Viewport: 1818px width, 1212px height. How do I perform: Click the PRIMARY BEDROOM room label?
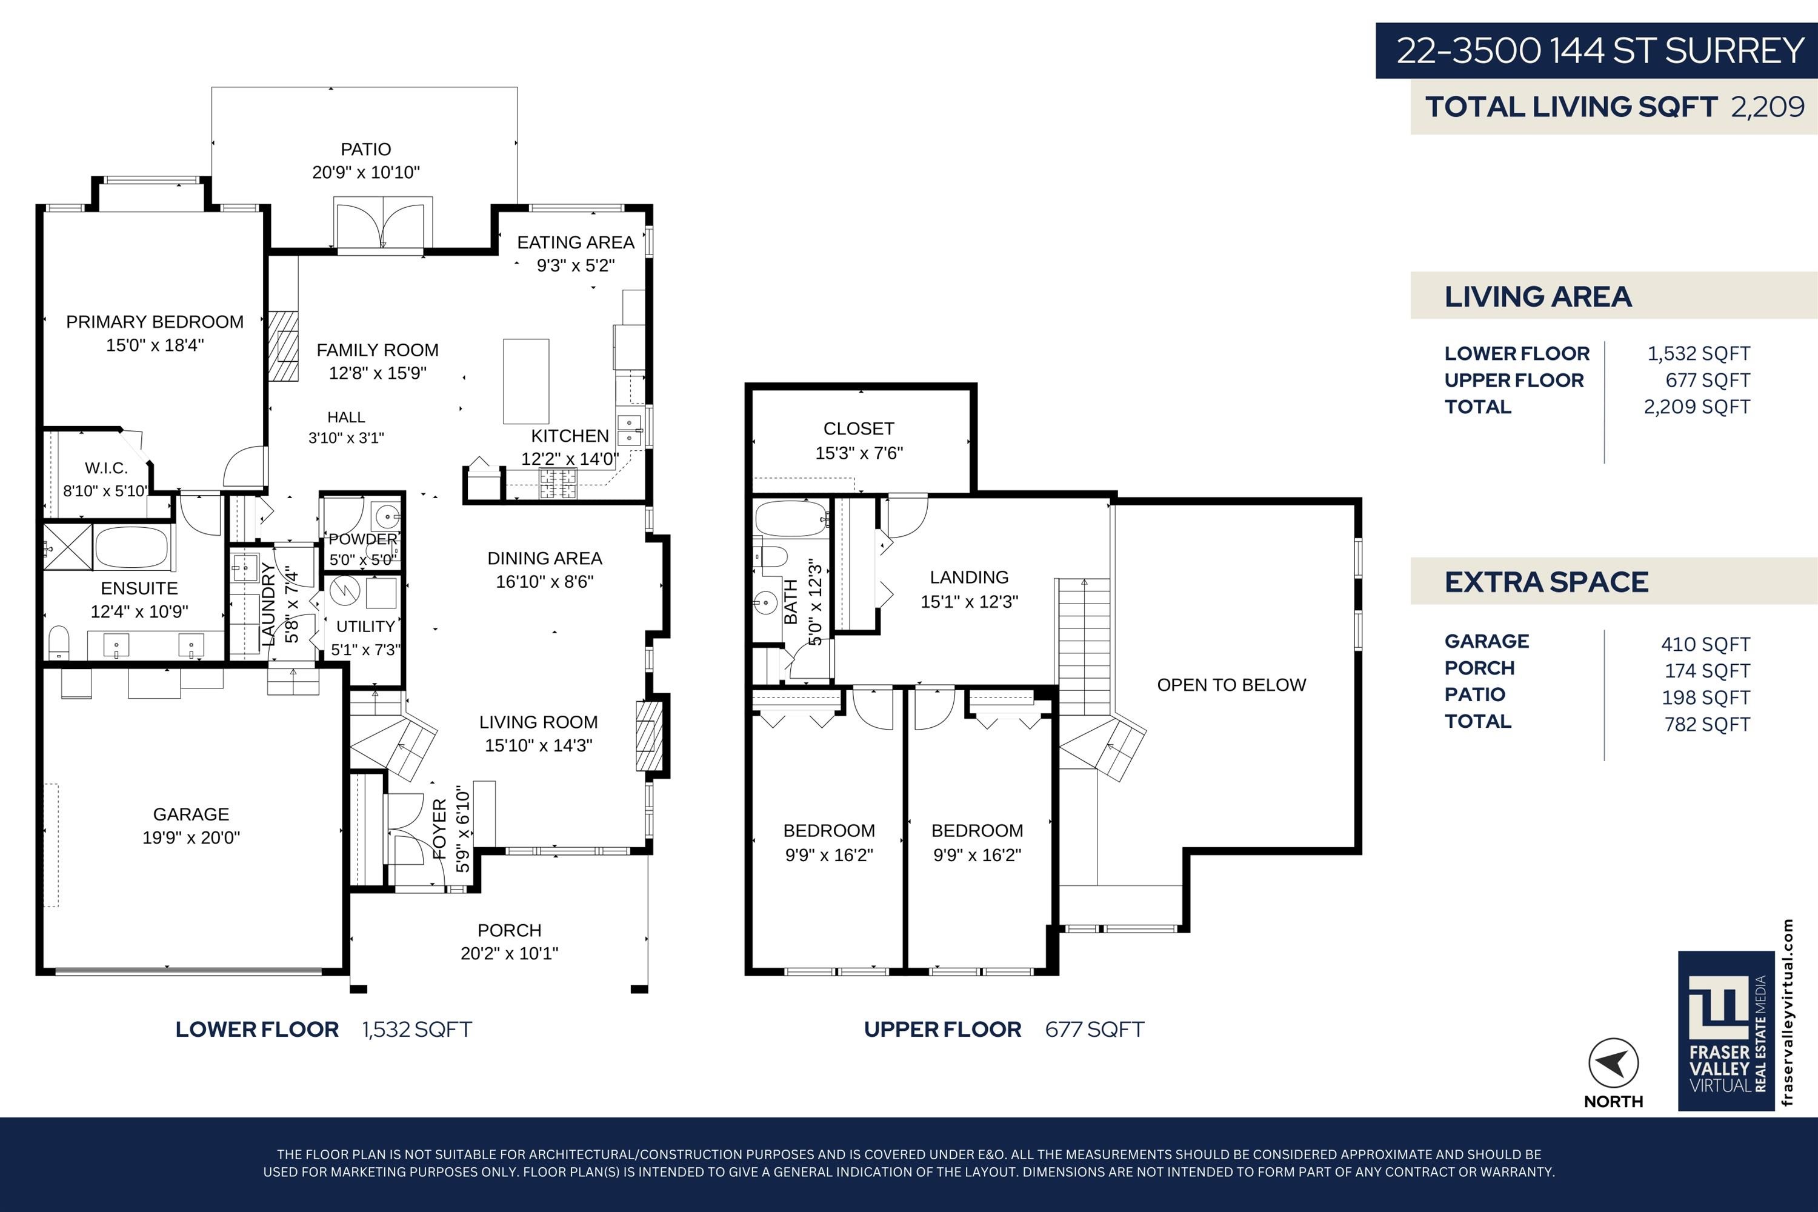coord(155,322)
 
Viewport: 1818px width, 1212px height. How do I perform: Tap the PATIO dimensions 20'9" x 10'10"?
coord(365,172)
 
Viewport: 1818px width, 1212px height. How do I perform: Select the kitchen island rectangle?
coord(525,381)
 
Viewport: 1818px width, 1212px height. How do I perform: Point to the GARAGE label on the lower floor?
coord(191,814)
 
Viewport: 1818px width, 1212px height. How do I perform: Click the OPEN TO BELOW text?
coord(1231,685)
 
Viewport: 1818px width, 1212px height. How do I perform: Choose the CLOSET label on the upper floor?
coord(859,428)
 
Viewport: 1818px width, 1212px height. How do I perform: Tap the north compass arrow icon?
coord(1613,1064)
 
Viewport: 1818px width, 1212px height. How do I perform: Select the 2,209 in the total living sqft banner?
coord(1768,107)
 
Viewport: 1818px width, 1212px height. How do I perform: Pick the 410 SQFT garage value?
coord(1706,644)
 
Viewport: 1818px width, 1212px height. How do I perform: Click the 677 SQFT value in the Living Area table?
coord(1708,381)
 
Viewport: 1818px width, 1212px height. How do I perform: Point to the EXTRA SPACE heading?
coord(1546,582)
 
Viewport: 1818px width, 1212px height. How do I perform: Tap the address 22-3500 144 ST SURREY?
coord(1600,51)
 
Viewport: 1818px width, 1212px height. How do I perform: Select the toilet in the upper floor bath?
coord(771,556)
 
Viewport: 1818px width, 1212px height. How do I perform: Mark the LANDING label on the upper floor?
coord(968,578)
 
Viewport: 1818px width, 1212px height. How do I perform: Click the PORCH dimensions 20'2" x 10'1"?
coord(510,954)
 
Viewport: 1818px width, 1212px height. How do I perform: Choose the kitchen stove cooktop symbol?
coord(558,482)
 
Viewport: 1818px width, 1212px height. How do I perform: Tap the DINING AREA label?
coord(544,558)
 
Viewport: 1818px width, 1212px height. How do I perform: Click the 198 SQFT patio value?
coord(1706,698)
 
